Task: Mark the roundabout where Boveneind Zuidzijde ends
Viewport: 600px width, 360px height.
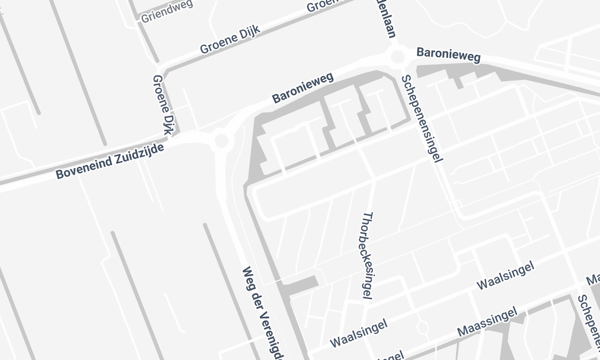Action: [x=221, y=141]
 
